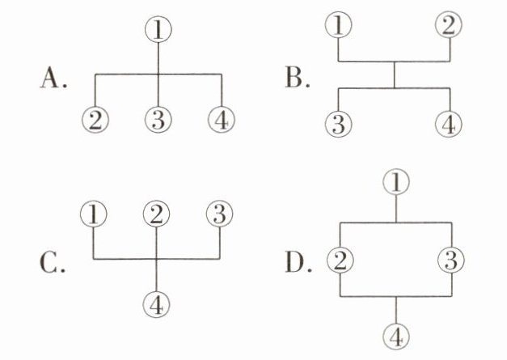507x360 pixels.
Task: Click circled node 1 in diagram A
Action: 158,30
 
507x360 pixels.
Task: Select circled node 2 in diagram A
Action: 96,121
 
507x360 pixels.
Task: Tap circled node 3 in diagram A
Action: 158,121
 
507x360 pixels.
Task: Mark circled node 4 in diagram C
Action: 157,304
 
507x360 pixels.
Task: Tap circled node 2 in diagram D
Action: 340,260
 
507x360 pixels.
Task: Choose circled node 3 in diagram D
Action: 450,260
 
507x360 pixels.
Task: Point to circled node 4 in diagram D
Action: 395,336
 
